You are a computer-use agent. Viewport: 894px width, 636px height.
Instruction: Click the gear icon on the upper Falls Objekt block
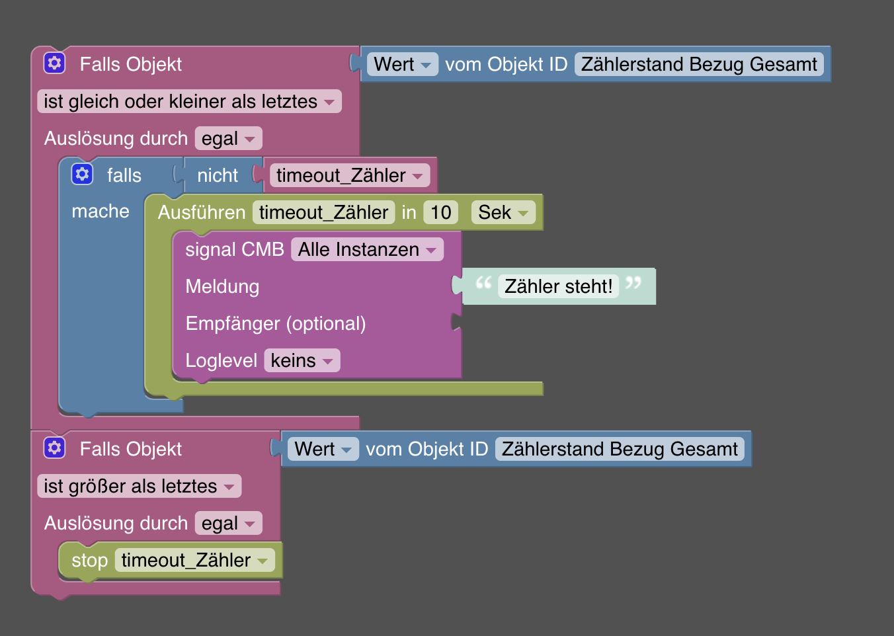tap(54, 63)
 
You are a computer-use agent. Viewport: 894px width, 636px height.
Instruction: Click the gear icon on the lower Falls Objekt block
tap(54, 448)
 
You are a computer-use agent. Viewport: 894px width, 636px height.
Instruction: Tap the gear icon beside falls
tap(82, 174)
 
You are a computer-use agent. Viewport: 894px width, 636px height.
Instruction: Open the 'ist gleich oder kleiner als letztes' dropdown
tap(189, 101)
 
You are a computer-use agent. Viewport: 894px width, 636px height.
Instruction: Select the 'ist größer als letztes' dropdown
tap(139, 486)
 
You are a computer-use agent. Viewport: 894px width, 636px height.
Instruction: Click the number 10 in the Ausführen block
tap(440, 212)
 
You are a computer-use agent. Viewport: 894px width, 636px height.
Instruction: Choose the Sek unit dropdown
tap(503, 212)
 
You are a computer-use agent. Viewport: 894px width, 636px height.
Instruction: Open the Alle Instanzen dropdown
tap(367, 249)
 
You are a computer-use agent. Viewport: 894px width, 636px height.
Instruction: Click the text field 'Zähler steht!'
tap(558, 286)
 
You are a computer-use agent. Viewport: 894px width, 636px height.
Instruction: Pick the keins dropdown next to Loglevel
tap(302, 360)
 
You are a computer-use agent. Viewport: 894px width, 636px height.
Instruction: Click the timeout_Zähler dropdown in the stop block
tap(194, 560)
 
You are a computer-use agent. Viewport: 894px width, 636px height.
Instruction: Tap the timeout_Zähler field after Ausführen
tap(323, 212)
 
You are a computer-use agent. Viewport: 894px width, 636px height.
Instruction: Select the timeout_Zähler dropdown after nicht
tap(349, 175)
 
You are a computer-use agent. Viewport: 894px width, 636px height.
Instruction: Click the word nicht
tap(218, 175)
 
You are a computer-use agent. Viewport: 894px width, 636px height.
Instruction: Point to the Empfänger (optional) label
tap(275, 323)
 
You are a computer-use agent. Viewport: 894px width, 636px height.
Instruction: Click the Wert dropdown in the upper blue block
tap(402, 64)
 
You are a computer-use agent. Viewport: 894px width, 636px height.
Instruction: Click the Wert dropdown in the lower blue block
tap(323, 449)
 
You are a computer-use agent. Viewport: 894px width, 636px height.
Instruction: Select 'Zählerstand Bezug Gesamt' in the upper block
tap(699, 64)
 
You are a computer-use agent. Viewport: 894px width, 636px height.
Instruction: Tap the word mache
tap(101, 211)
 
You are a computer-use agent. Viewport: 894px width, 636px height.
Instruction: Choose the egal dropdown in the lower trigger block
tap(228, 523)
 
